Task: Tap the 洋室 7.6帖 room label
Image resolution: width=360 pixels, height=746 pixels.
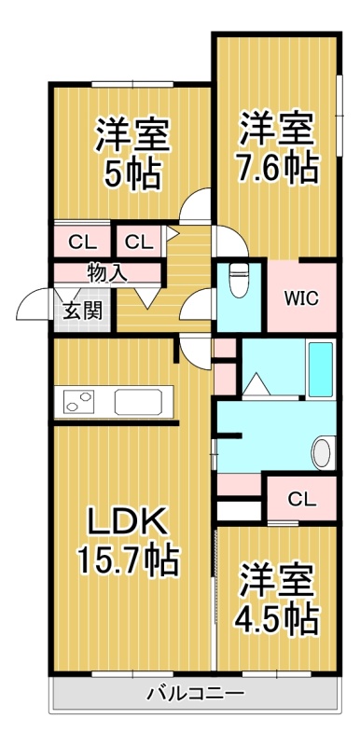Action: [278, 147]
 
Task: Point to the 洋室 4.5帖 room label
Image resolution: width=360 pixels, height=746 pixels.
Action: [277, 597]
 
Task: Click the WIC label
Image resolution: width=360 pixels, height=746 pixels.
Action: [301, 298]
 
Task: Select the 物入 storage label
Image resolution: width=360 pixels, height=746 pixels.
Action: [107, 272]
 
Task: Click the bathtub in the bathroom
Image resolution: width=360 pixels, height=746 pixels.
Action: [320, 368]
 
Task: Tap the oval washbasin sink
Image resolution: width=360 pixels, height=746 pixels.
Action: [322, 452]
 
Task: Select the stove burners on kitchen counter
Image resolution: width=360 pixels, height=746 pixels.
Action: [79, 401]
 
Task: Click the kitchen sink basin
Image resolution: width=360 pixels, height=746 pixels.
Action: [138, 402]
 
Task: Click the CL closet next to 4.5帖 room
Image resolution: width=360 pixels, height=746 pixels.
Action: [301, 499]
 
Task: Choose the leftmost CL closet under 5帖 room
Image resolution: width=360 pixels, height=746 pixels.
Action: [83, 242]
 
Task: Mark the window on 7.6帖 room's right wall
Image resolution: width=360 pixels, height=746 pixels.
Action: [339, 115]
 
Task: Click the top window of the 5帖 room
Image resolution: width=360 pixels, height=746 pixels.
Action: [132, 84]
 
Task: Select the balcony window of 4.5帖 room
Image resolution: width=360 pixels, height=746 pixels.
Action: [276, 673]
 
